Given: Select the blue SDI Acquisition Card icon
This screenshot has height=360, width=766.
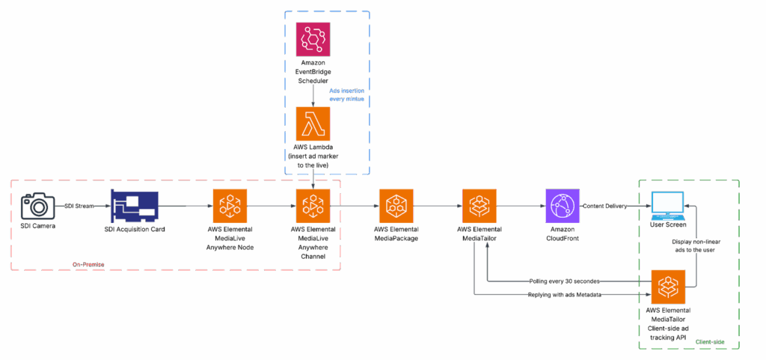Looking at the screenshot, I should pyautogui.click(x=135, y=205).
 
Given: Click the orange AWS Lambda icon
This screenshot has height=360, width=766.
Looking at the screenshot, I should pyautogui.click(x=313, y=123).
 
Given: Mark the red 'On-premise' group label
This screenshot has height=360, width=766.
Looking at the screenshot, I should pyautogui.click(x=88, y=264).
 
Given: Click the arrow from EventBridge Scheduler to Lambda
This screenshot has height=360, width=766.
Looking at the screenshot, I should pyautogui.click(x=313, y=94).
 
